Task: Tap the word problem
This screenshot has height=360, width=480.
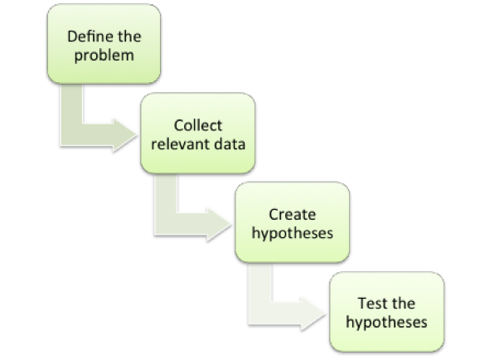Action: (x=104, y=56)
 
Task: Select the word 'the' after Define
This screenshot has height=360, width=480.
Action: (x=129, y=36)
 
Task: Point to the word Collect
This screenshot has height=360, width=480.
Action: (x=198, y=125)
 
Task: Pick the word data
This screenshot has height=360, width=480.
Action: (x=230, y=144)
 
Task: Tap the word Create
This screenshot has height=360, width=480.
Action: (x=292, y=215)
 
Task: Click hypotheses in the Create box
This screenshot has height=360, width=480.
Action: (x=292, y=234)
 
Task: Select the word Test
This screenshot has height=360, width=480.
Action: (x=370, y=304)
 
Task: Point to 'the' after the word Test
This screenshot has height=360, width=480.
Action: (x=404, y=304)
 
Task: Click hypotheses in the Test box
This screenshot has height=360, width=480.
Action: (x=386, y=323)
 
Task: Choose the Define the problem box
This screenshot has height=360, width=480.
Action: (x=104, y=44)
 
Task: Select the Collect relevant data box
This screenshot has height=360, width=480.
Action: (x=198, y=134)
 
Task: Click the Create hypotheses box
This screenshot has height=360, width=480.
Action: (x=293, y=222)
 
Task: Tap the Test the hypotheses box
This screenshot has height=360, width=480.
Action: (x=386, y=312)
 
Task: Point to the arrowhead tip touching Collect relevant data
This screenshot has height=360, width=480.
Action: (x=137, y=135)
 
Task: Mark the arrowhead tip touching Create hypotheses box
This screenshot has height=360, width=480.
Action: (x=231, y=224)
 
